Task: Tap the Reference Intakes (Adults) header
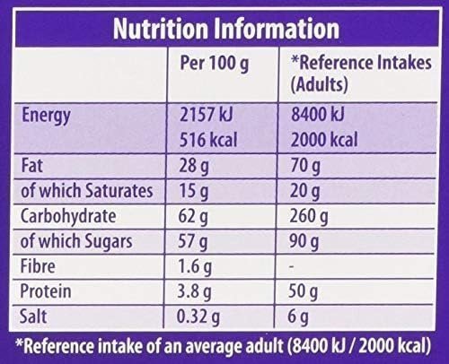(x=356, y=76)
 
